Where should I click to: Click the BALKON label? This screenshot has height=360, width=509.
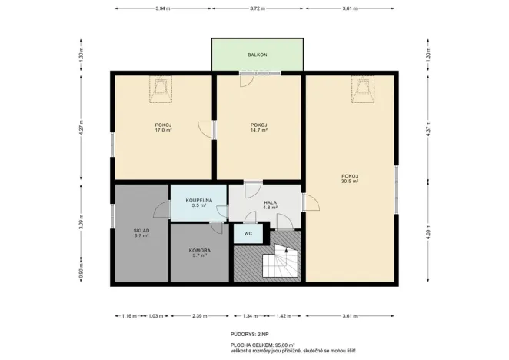[x=258, y=55]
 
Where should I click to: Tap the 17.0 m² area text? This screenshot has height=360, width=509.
[x=162, y=131]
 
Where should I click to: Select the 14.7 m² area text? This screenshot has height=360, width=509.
[x=258, y=131]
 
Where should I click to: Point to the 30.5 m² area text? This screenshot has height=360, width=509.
[x=351, y=182]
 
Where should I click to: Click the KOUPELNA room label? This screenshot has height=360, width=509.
[x=198, y=200]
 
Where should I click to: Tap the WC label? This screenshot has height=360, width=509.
[x=248, y=233]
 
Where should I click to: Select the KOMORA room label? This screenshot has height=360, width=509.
[x=199, y=250]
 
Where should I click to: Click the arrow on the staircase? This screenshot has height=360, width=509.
[x=286, y=251]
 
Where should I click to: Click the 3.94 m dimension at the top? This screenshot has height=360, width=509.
[x=161, y=8]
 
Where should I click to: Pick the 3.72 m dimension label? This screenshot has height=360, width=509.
[x=257, y=8]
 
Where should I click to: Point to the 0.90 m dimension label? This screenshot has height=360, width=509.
[x=79, y=272]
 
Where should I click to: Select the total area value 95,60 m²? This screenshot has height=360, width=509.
[x=282, y=346]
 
